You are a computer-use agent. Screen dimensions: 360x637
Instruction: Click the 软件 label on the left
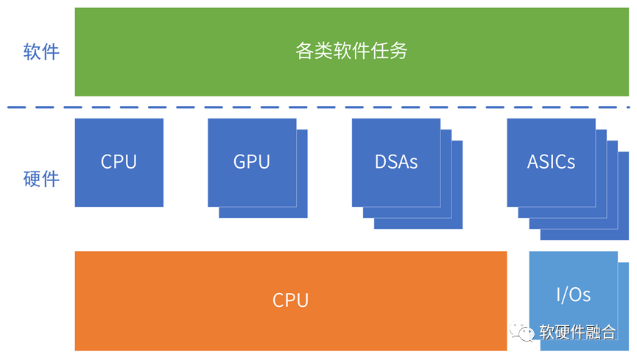41,52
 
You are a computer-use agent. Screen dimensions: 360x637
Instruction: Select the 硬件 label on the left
41,179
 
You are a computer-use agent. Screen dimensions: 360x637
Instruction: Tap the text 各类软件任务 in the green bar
351,52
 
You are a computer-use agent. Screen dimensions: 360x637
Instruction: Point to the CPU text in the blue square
119,162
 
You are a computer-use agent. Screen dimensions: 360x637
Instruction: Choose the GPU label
252,162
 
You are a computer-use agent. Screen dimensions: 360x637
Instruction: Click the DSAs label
395,162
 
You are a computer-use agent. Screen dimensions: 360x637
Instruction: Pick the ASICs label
551,162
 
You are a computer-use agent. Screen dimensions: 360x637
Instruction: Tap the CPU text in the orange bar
290,300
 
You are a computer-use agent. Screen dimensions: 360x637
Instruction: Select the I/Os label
573,295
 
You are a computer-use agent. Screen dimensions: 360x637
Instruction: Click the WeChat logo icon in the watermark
526,333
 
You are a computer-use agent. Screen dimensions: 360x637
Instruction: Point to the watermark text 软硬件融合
577,333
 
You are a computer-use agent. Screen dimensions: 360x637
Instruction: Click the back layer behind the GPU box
302,212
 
